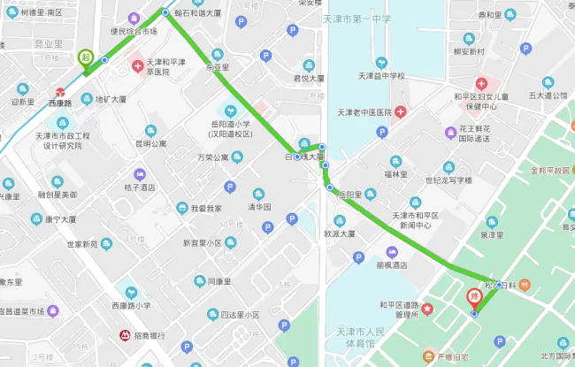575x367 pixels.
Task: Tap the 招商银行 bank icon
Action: coord(126,335)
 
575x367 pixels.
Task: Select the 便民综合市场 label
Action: coord(133,31)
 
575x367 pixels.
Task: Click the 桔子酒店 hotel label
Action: coord(140,187)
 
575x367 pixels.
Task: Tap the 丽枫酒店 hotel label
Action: coord(390,264)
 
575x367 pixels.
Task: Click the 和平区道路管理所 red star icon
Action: coord(426,309)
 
